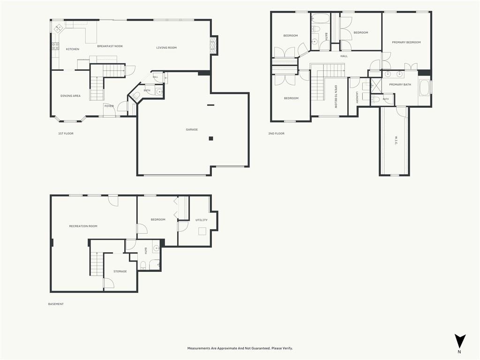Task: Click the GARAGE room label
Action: click(x=192, y=129)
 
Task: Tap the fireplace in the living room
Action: click(x=214, y=45)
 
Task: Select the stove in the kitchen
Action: click(x=55, y=46)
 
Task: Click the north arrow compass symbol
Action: click(x=460, y=341)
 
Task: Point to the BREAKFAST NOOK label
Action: click(x=110, y=46)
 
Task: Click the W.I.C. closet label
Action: click(x=396, y=141)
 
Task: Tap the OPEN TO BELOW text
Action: click(x=336, y=97)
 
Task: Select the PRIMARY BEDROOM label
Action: click(x=406, y=42)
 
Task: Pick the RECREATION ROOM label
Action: click(x=83, y=226)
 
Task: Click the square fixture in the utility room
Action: click(x=202, y=231)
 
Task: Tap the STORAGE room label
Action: click(x=120, y=271)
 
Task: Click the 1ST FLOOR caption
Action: click(x=66, y=134)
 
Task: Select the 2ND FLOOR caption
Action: click(x=276, y=134)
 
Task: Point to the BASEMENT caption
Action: click(x=56, y=304)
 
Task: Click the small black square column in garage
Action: click(x=210, y=138)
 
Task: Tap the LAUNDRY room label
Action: click(x=357, y=97)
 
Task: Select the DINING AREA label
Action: click(x=70, y=96)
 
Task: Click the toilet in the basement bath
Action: click(x=143, y=265)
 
